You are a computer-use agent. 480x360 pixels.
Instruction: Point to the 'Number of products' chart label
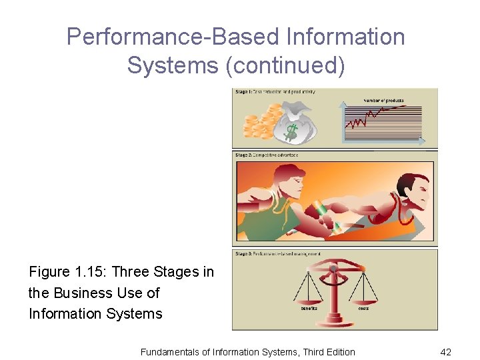click(x=383, y=101)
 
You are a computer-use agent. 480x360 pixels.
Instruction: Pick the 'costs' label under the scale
click(x=363, y=308)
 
